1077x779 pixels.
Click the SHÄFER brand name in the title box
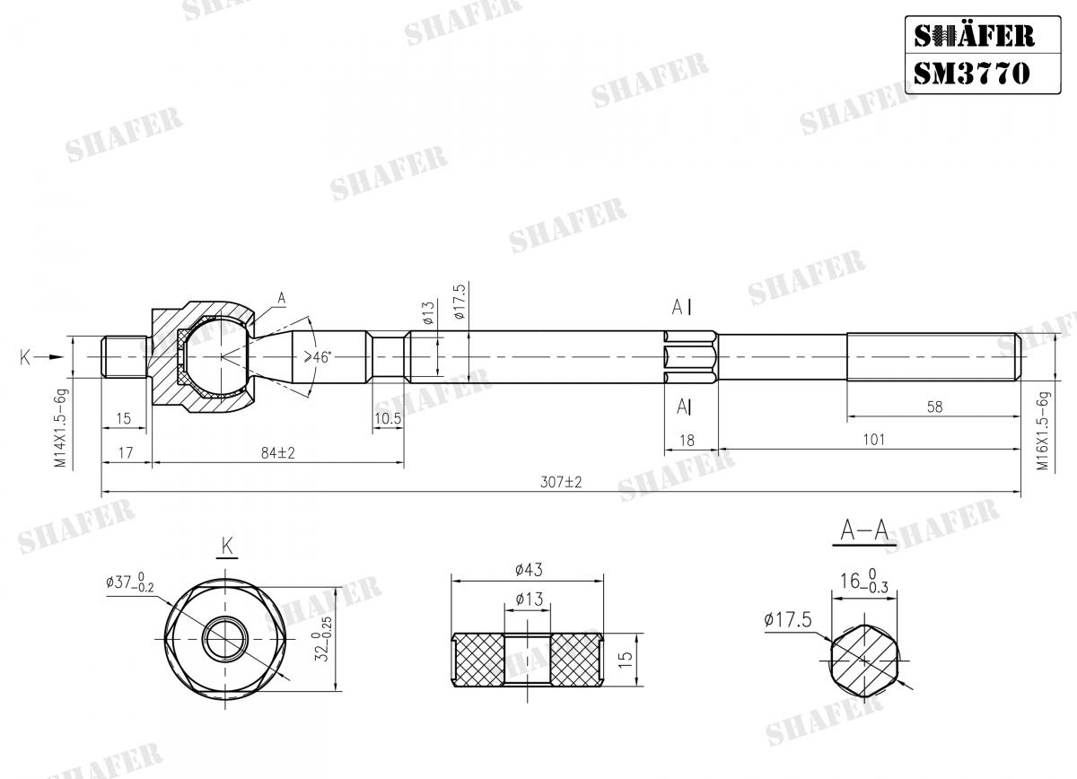[x=973, y=36]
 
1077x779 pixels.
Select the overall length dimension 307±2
[x=561, y=482]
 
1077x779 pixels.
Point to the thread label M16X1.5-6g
[x=1043, y=431]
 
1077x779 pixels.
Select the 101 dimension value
[x=871, y=439]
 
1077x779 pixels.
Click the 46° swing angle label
[x=318, y=357]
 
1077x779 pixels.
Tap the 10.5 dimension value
[x=387, y=419]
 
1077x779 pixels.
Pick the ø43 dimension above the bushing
[x=529, y=570]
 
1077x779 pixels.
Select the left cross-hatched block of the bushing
[x=477, y=661]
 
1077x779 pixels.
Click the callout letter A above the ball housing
[x=281, y=297]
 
